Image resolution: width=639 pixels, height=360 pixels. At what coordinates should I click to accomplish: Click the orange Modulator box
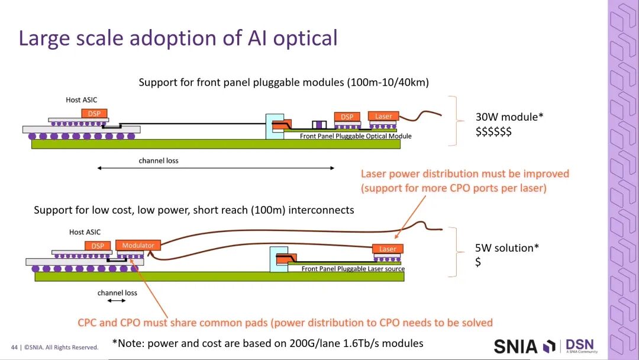138,245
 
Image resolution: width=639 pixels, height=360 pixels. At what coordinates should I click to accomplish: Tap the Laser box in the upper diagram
383,116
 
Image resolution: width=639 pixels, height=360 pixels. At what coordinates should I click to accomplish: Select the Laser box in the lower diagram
388,249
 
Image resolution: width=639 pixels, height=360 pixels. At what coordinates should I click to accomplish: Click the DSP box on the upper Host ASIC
94,113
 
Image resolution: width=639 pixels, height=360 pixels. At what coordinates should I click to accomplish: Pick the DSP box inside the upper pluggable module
347,117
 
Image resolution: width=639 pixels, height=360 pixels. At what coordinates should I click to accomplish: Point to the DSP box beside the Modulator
98,246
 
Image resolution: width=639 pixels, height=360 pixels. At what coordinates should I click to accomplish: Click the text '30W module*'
509,117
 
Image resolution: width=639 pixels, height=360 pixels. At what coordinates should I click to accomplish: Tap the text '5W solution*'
507,248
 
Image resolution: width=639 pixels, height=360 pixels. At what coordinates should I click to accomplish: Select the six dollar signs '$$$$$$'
493,131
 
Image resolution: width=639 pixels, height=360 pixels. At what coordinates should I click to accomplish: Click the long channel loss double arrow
216,168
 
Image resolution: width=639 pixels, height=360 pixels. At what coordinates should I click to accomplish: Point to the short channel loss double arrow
117,300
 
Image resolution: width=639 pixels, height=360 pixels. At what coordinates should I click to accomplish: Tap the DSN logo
581,346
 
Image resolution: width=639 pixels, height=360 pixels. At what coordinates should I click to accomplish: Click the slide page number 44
14,348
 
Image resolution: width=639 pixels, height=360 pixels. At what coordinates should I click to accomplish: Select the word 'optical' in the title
305,38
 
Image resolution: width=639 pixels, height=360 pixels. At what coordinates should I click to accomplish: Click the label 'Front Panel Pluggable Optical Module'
356,136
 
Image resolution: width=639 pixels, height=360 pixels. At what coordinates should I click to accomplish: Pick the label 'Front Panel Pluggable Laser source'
353,269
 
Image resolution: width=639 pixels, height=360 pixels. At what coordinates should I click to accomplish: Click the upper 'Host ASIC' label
82,100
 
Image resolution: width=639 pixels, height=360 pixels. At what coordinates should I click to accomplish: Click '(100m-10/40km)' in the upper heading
388,82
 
